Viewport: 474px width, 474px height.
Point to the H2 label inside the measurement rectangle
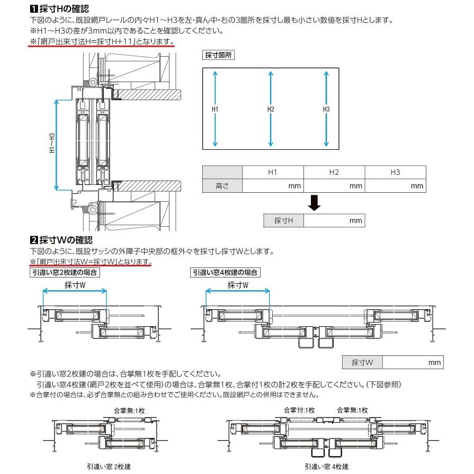coord(271,109)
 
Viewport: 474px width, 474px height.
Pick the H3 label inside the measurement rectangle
coord(326,109)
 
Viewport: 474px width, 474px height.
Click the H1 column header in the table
coord(273,172)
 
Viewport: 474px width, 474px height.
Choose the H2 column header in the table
coord(334,172)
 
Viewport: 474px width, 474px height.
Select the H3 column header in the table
coord(395,172)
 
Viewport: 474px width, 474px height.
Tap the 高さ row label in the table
coord(222,186)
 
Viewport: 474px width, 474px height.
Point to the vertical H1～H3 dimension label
coord(52,143)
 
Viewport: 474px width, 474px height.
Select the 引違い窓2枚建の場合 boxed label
coord(64,272)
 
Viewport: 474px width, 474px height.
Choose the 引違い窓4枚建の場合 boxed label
coord(225,272)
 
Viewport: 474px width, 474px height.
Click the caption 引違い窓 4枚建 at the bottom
coord(326,467)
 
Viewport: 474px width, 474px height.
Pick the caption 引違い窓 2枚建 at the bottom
coord(109,467)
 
